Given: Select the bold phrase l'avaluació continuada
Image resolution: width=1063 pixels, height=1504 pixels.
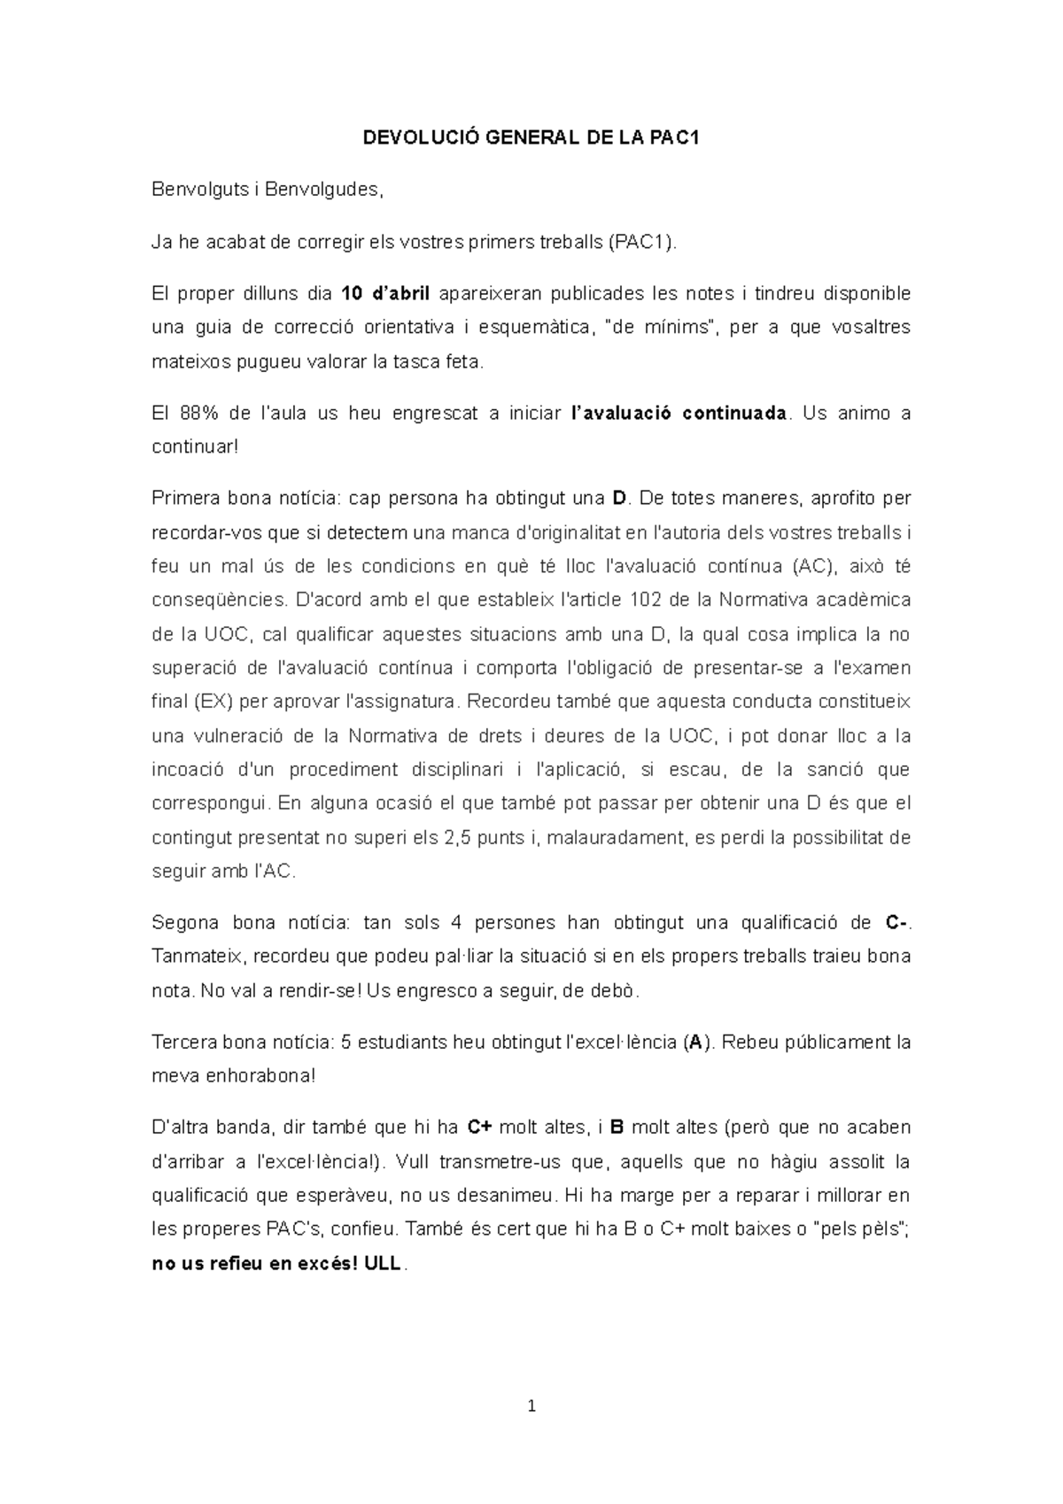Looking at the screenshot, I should click(x=676, y=413).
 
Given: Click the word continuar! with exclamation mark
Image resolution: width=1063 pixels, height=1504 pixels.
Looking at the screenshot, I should click(x=195, y=446).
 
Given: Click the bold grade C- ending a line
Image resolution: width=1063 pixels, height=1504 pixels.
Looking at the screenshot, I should click(x=896, y=922).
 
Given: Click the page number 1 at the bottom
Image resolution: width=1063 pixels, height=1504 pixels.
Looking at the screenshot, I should click(x=531, y=1405).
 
